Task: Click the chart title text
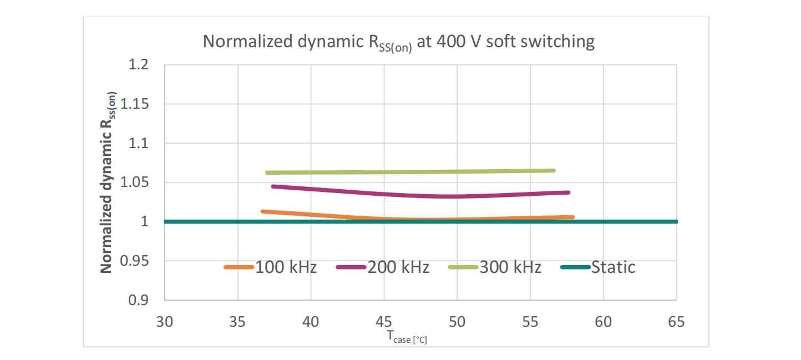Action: tap(398, 42)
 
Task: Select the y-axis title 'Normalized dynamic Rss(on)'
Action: tap(108, 182)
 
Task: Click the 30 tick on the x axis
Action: tap(165, 322)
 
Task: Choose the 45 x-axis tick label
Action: tap(384, 322)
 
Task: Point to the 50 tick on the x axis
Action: tap(457, 322)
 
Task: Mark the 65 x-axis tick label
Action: tap(676, 322)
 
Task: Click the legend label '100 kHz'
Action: tap(286, 267)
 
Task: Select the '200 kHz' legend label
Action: tap(398, 267)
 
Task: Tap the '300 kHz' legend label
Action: tap(510, 267)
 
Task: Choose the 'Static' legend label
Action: tap(613, 267)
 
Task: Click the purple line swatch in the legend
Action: tap(350, 267)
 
